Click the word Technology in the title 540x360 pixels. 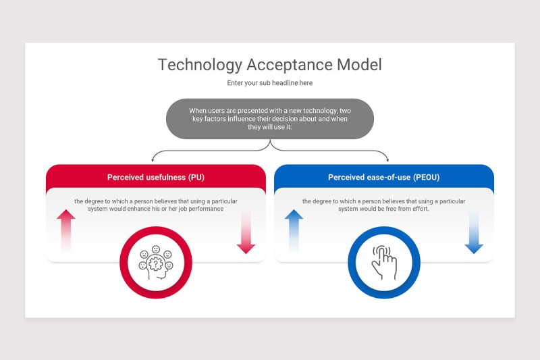tap(200, 65)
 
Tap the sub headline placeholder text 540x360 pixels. tap(269, 83)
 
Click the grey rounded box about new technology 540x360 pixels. tap(269, 119)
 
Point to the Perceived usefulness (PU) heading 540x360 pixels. tap(156, 178)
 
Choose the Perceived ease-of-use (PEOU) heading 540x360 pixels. tap(383, 178)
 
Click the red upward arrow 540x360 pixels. tap(65, 230)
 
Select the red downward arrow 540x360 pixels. tap(246, 233)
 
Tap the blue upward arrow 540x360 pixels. tap(294, 230)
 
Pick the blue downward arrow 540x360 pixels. tap(474, 233)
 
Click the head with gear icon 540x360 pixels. tap(156, 263)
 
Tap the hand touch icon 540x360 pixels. tap(384, 263)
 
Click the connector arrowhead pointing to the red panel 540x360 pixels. tap(153, 160)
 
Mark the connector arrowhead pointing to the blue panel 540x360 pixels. tap(387, 160)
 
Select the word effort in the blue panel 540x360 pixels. tap(419, 209)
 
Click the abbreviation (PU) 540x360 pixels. tap(196, 178)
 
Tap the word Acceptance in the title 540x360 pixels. tap(290, 65)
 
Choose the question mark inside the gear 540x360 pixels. tap(156, 264)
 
